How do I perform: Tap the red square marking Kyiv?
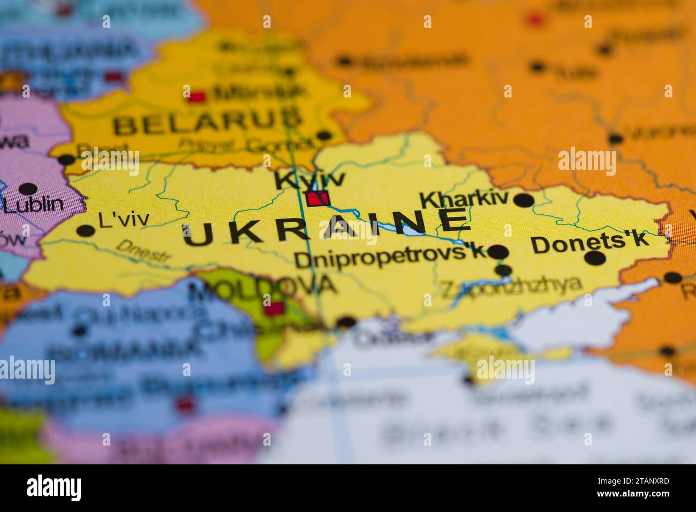318,199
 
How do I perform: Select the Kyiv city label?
309,179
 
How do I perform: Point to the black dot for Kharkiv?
524,201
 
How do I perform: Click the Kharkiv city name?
464,199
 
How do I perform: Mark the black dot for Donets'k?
595,259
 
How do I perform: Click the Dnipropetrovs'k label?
390,259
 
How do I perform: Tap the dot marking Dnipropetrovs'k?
498,252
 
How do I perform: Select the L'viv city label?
124,220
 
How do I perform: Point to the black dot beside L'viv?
86,231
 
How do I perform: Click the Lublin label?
33,204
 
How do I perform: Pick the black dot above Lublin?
27,189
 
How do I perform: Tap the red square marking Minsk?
197,97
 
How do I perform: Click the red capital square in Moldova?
275,309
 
